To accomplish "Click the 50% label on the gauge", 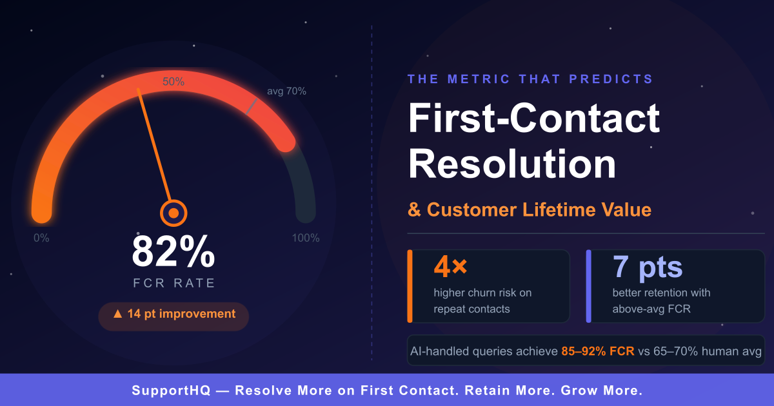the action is tap(174, 81).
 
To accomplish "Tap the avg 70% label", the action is tap(286, 91).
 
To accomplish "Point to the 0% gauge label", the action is tap(41, 238).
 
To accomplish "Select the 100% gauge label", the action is tap(306, 238).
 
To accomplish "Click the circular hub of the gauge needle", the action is tap(174, 213).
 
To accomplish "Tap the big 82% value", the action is tap(174, 251).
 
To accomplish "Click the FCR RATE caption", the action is tap(174, 283).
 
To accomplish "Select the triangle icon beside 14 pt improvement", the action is tap(118, 313).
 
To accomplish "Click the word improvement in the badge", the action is tap(197, 314).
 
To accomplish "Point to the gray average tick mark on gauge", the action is tap(251, 106).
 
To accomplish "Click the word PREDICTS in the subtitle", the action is tap(611, 79).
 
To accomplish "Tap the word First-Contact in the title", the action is tap(534, 118).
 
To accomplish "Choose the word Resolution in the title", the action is tap(512, 163).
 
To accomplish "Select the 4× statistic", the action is tap(451, 267).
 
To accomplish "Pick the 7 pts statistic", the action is tap(648, 267).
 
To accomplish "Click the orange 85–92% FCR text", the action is tap(598, 351).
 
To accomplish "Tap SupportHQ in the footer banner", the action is tap(171, 391).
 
